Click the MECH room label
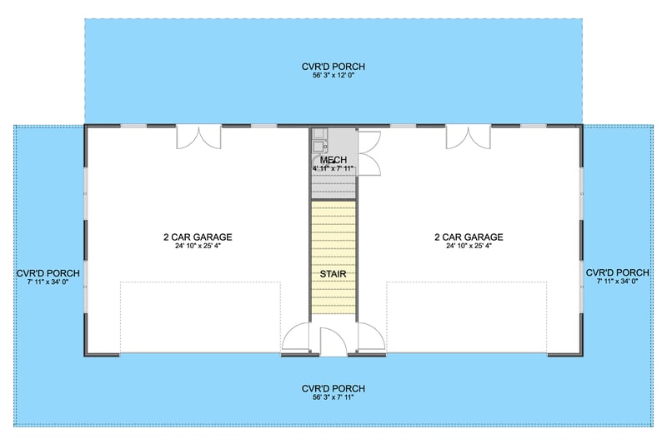(x=333, y=160)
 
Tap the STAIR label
(x=333, y=273)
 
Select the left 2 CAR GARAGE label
(x=198, y=237)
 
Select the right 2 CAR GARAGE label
(x=469, y=237)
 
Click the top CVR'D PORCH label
(x=333, y=67)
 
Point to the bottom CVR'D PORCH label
(x=333, y=389)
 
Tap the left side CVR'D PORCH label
(x=48, y=272)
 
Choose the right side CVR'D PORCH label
(x=618, y=272)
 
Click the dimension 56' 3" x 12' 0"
(x=333, y=77)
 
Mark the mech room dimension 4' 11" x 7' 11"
(x=333, y=169)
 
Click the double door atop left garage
(x=198, y=137)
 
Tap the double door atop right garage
(x=468, y=137)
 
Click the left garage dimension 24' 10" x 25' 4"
(x=198, y=246)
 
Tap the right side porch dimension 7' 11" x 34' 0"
(x=618, y=282)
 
